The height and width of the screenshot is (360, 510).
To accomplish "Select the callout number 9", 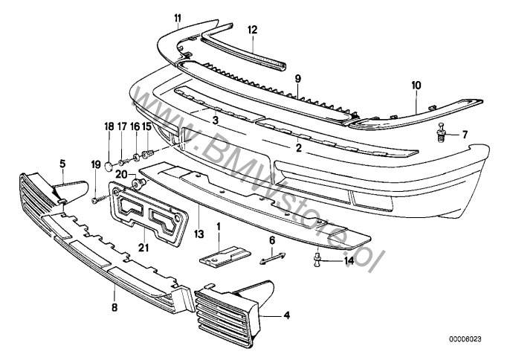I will (297, 77).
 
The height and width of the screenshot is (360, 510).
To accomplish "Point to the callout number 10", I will (416, 86).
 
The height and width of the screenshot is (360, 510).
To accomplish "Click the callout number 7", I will (465, 135).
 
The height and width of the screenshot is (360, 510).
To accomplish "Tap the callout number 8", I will (114, 306).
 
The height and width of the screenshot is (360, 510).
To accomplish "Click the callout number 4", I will (287, 315).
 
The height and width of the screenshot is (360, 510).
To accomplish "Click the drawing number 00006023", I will (465, 339).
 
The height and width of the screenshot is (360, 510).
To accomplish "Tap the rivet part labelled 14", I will (317, 258).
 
